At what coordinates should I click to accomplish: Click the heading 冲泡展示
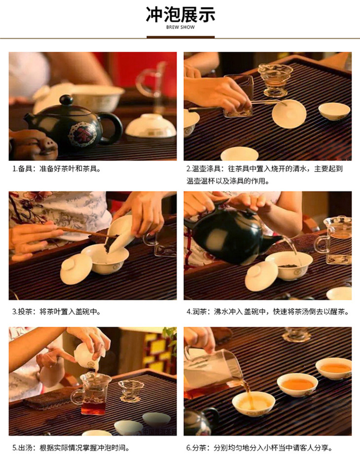[x=180, y=14]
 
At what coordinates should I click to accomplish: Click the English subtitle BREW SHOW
[x=180, y=27]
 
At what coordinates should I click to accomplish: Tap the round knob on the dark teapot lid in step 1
[x=66, y=100]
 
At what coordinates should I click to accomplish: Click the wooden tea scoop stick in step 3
[x=87, y=232]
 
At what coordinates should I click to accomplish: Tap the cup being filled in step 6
[x=253, y=403]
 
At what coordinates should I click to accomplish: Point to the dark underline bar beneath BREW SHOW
[x=180, y=37]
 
